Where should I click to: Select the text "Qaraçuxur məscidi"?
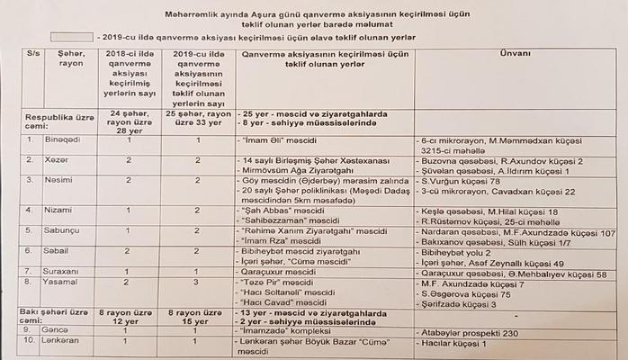coord(279,271)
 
